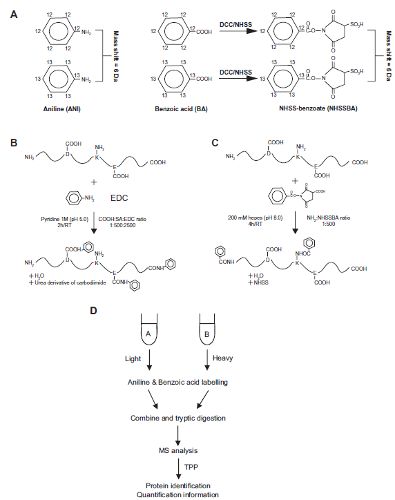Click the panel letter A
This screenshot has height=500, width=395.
pos(14,15)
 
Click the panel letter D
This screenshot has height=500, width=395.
pos(93,311)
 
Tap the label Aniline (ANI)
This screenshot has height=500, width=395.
pos(62,109)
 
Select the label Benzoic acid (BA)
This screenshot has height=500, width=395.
pos(181,109)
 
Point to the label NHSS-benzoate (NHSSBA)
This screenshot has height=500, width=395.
pos(318,108)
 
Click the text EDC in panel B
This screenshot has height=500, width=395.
pos(119,198)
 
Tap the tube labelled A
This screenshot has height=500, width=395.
pos(149,329)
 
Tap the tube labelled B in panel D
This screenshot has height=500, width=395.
pos(207,329)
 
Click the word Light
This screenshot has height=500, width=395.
pos(133,358)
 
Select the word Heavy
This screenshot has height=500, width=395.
pos(222,358)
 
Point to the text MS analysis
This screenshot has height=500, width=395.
pos(178,450)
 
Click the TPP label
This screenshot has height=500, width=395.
pos(191,467)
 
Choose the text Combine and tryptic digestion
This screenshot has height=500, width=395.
pos(178,418)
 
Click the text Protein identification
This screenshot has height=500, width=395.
pos(178,485)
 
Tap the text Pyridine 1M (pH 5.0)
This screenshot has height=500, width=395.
pos(65,219)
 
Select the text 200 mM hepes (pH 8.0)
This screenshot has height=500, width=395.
pos(255,218)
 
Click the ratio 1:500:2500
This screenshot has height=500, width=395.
pos(123,225)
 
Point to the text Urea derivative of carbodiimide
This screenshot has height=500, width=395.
pos(70,283)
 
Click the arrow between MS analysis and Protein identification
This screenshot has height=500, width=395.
pos(178,468)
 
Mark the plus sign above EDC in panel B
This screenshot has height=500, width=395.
pos(94,182)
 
